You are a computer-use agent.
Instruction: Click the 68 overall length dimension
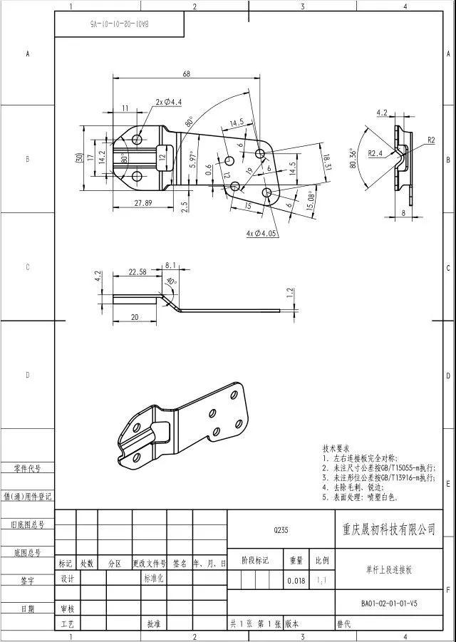(187, 74)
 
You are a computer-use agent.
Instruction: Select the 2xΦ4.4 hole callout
(168, 103)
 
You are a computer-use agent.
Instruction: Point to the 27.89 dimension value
(143, 203)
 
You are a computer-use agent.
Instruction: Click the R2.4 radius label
(376, 153)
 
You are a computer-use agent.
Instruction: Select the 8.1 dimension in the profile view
(170, 265)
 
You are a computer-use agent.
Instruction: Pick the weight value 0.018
(296, 581)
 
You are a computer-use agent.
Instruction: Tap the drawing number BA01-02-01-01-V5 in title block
(388, 604)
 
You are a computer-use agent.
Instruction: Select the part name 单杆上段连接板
(388, 570)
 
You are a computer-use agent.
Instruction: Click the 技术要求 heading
(336, 450)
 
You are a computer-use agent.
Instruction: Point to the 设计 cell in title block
(67, 579)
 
